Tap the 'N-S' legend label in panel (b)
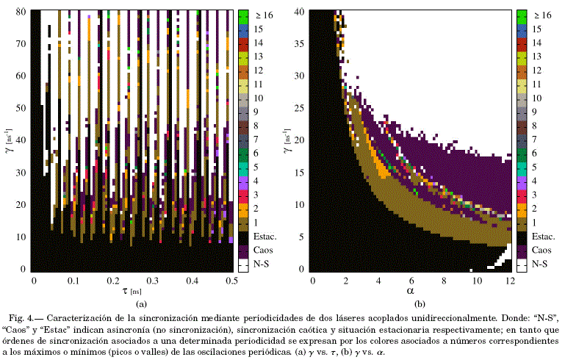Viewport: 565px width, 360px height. click(540, 264)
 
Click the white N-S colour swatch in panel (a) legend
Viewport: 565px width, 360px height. click(243, 264)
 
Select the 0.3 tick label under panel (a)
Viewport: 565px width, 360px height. click(153, 281)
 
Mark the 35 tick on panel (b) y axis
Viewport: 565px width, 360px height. click(300, 44)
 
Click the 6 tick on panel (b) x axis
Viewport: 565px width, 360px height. click(411, 281)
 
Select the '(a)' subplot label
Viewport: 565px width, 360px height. click(133, 303)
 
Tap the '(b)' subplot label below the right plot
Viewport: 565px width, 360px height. click(411, 303)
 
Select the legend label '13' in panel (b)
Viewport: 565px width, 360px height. click(536, 56)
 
